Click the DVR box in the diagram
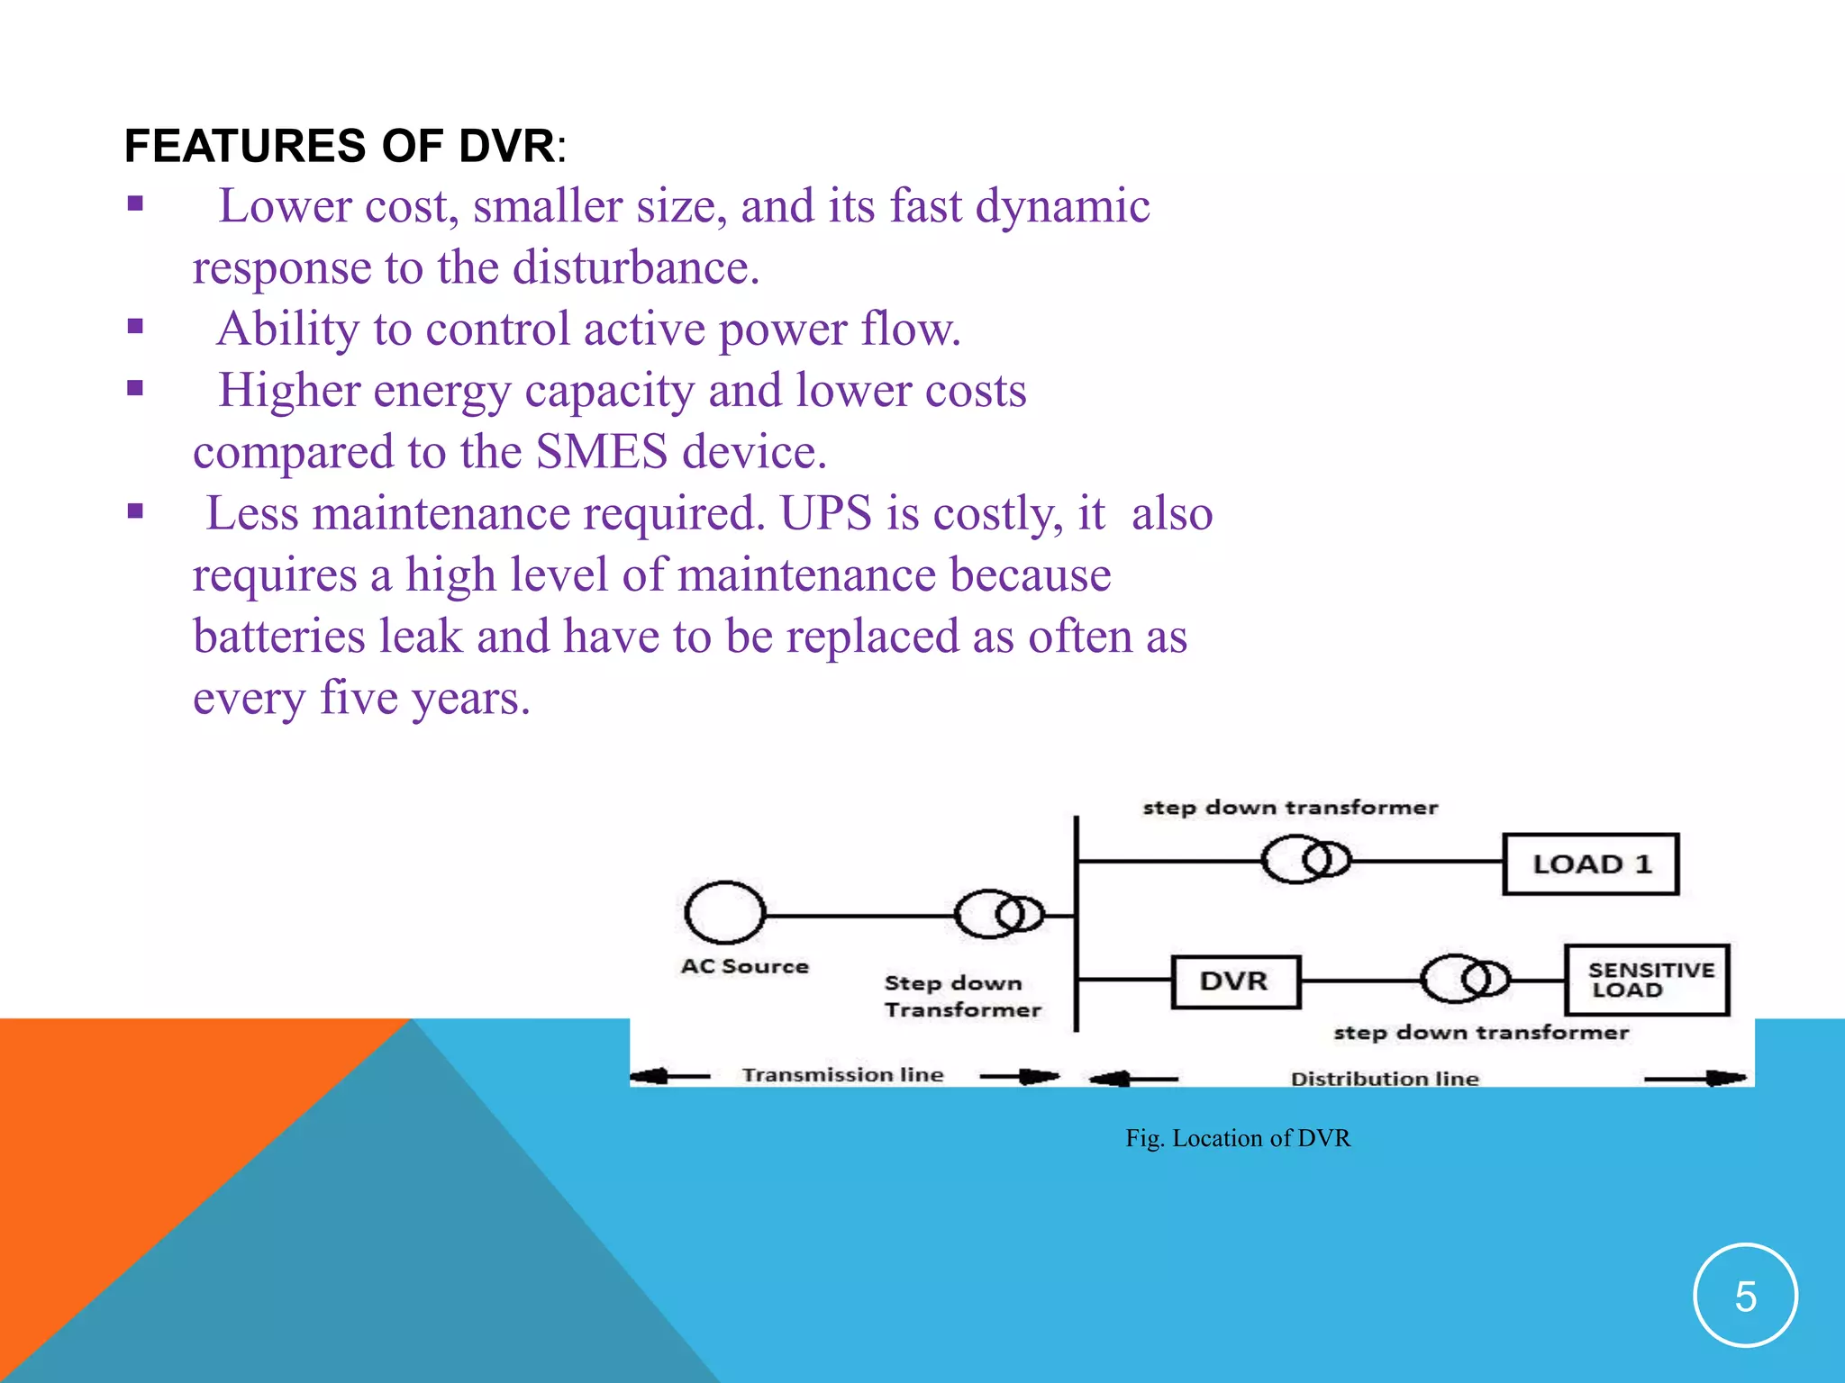click(x=1235, y=981)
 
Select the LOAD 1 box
click(x=1591, y=863)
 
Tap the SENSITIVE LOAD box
click(x=1647, y=980)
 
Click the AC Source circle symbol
click(x=724, y=913)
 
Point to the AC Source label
click(x=744, y=966)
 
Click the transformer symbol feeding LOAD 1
click(x=1305, y=860)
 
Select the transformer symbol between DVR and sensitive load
click(x=1464, y=979)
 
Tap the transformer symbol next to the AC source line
click(x=998, y=914)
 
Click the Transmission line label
click(x=842, y=1074)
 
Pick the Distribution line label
click(x=1385, y=1078)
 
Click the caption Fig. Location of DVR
click(x=1238, y=1138)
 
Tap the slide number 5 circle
click(x=1745, y=1296)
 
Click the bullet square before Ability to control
click(x=135, y=327)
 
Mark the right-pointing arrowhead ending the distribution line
click(x=1724, y=1077)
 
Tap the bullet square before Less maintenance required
click(x=135, y=512)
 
